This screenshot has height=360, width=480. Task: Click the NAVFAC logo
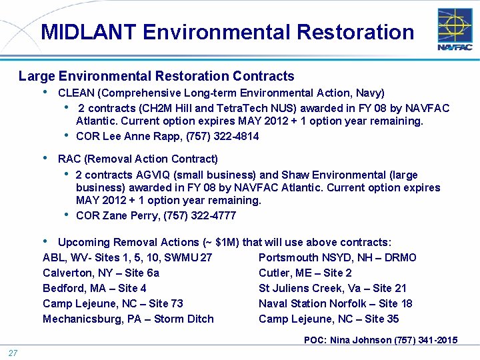455,29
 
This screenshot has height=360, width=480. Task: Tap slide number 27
13,353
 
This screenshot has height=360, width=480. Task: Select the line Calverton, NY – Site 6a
101,273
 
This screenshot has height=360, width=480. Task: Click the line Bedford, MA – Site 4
95,288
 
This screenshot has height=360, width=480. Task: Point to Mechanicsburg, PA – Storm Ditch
128,319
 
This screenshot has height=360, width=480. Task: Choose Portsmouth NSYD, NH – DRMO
337,257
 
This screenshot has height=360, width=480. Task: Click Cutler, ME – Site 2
305,273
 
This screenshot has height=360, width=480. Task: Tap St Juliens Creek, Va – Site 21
333,288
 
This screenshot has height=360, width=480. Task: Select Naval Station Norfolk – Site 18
335,303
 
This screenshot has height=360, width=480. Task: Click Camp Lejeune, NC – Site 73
113,303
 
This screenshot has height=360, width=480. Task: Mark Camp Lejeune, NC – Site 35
329,319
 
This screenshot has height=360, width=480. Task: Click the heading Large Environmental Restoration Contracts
156,76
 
